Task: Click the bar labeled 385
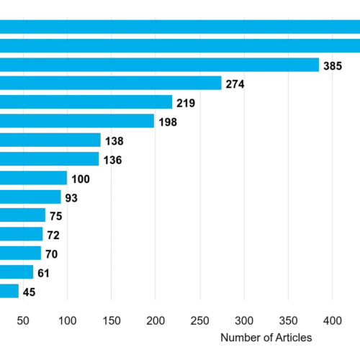click(x=160, y=65)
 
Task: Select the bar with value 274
click(x=111, y=83)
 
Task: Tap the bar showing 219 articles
click(x=86, y=102)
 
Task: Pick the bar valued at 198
click(x=77, y=121)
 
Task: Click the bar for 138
click(x=50, y=140)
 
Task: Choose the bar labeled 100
click(x=34, y=178)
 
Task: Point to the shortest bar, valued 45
click(x=9, y=291)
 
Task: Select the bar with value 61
click(x=17, y=272)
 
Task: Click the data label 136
click(x=113, y=160)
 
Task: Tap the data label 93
click(x=71, y=198)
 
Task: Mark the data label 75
click(x=56, y=216)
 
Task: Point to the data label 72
click(x=53, y=235)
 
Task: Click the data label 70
click(x=52, y=254)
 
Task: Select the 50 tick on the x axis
click(x=23, y=321)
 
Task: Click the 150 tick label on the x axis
click(x=112, y=321)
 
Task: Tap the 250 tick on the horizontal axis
click(x=200, y=321)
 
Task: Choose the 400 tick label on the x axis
click(x=333, y=321)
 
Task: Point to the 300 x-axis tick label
click(x=244, y=321)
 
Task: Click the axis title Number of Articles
click(x=266, y=338)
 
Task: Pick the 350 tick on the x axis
click(x=288, y=321)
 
